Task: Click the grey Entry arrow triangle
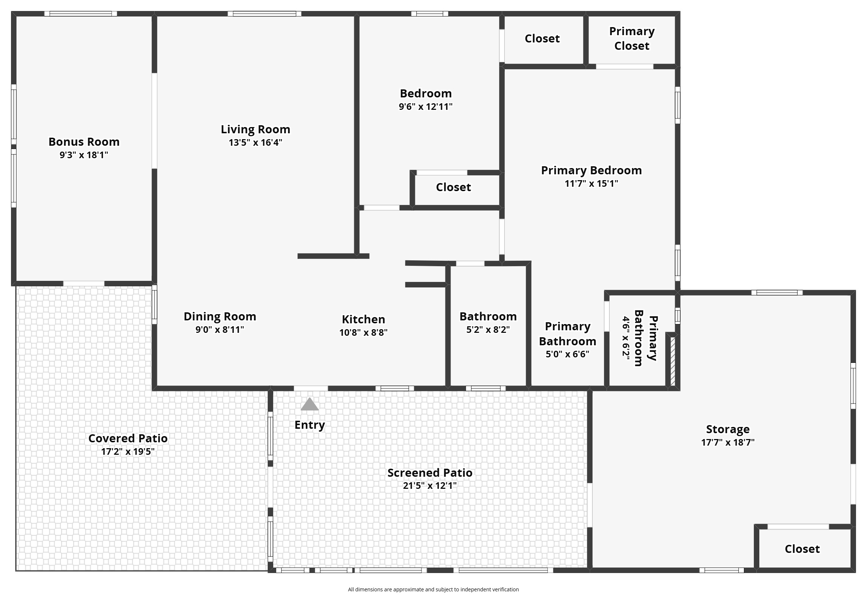pyautogui.click(x=309, y=404)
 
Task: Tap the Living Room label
pyautogui.click(x=255, y=130)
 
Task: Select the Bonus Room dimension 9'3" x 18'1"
pyautogui.click(x=84, y=155)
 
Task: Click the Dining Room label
pyautogui.click(x=220, y=317)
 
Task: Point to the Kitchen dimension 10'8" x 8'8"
pyautogui.click(x=363, y=332)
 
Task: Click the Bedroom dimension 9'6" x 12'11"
pyautogui.click(x=425, y=107)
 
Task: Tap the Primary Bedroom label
pyautogui.click(x=591, y=171)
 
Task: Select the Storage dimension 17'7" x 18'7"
pyautogui.click(x=727, y=442)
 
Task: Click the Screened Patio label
pyautogui.click(x=429, y=473)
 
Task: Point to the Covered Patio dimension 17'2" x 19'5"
pyautogui.click(x=127, y=452)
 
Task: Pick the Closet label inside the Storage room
pyautogui.click(x=802, y=549)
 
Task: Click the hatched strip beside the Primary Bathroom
pyautogui.click(x=673, y=361)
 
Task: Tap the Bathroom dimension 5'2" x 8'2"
pyautogui.click(x=488, y=330)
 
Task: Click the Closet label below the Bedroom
pyautogui.click(x=453, y=187)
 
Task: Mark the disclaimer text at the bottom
pyautogui.click(x=433, y=590)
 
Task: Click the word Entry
pyautogui.click(x=309, y=425)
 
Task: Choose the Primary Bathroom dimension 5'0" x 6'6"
pyautogui.click(x=567, y=354)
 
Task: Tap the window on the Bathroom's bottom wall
pyautogui.click(x=485, y=388)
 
